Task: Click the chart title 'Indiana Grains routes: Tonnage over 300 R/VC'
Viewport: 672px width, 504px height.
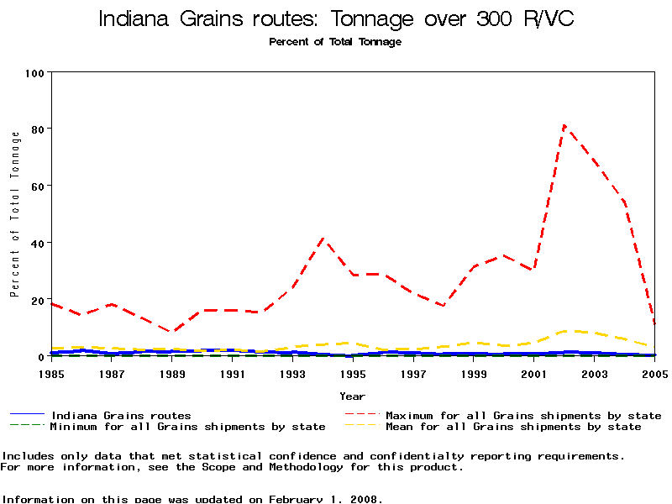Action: click(336, 19)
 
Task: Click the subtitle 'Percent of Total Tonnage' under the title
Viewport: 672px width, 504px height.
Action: click(335, 42)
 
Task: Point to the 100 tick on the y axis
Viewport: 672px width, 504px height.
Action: click(35, 73)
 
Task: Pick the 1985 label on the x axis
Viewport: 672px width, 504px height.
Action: click(52, 373)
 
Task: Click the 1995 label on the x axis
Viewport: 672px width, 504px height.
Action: click(353, 373)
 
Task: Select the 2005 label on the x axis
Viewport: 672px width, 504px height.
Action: click(654, 373)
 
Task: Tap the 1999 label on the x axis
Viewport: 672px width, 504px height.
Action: click(474, 373)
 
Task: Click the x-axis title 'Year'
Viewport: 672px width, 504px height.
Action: click(352, 396)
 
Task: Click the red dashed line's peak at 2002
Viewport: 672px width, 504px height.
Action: click(564, 126)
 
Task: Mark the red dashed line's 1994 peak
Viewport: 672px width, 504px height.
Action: click(323, 239)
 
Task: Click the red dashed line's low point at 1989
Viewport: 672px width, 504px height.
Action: click(172, 332)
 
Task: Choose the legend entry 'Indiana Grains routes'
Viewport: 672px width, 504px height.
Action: click(121, 416)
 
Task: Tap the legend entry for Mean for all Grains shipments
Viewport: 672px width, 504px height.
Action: click(512, 427)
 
